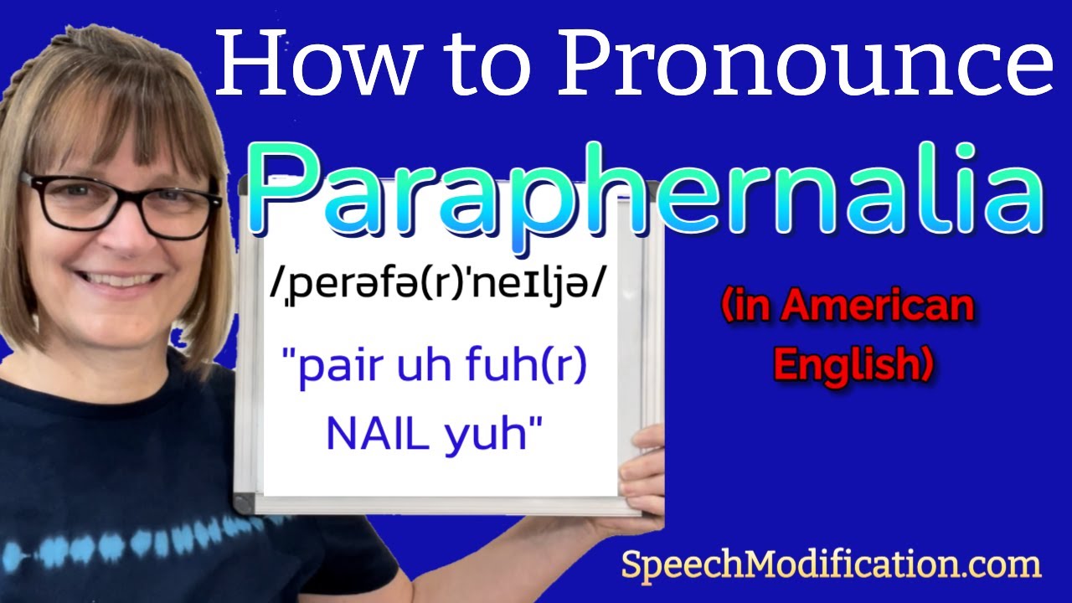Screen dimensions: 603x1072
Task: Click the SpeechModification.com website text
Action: pos(830,565)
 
